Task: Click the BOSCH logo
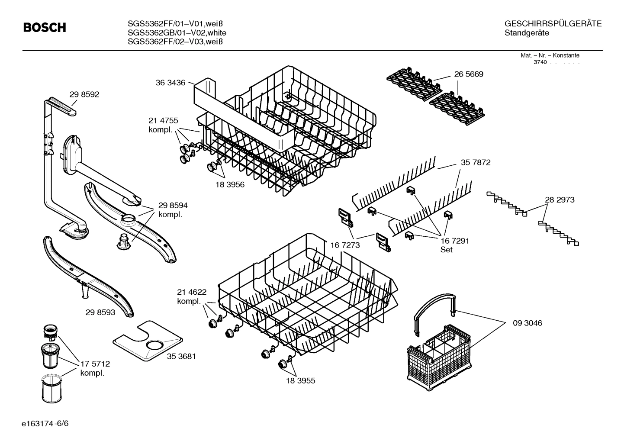[44, 28]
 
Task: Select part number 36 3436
[170, 83]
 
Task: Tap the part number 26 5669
[469, 74]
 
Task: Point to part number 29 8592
[84, 94]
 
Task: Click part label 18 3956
[230, 185]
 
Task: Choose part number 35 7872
[476, 163]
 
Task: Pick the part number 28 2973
[560, 200]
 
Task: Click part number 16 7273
[345, 245]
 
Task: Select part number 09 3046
[527, 323]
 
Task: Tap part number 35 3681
[181, 356]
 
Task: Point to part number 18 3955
[300, 381]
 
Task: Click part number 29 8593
[100, 312]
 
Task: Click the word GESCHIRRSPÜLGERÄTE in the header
[553, 24]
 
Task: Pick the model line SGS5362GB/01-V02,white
[177, 33]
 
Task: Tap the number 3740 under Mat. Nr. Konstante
[540, 62]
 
